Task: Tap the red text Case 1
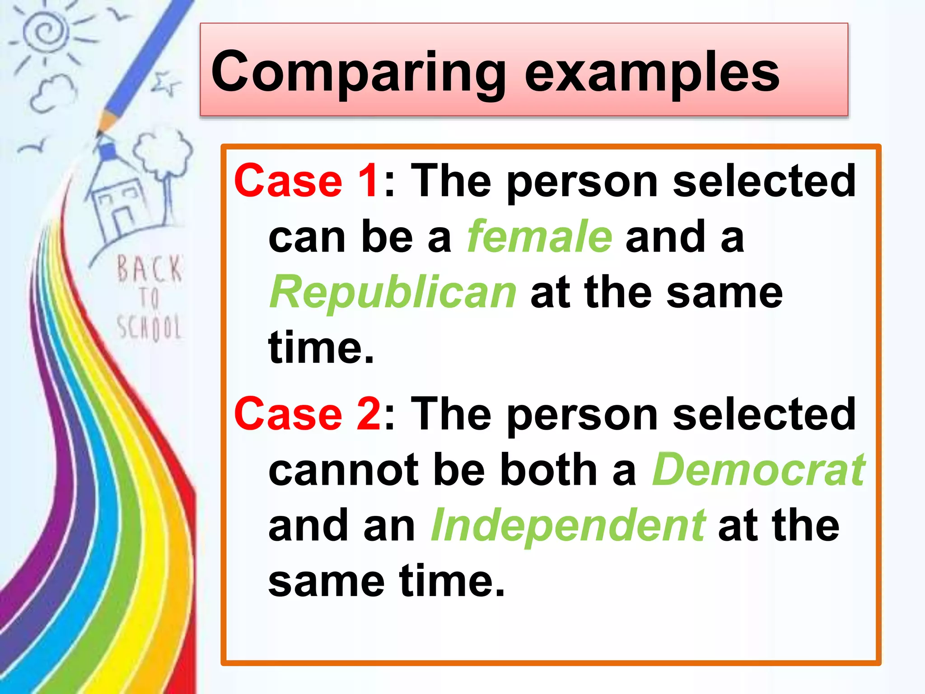tap(306, 181)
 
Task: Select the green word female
tap(539, 237)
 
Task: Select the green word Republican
tap(393, 293)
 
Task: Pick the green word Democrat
tap(758, 470)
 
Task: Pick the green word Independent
tap(568, 525)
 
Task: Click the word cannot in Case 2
tap(343, 470)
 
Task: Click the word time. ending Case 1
tap(321, 348)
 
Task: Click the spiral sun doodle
tap(45, 32)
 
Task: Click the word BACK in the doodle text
tap(149, 269)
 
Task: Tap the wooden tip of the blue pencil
tap(106, 122)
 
